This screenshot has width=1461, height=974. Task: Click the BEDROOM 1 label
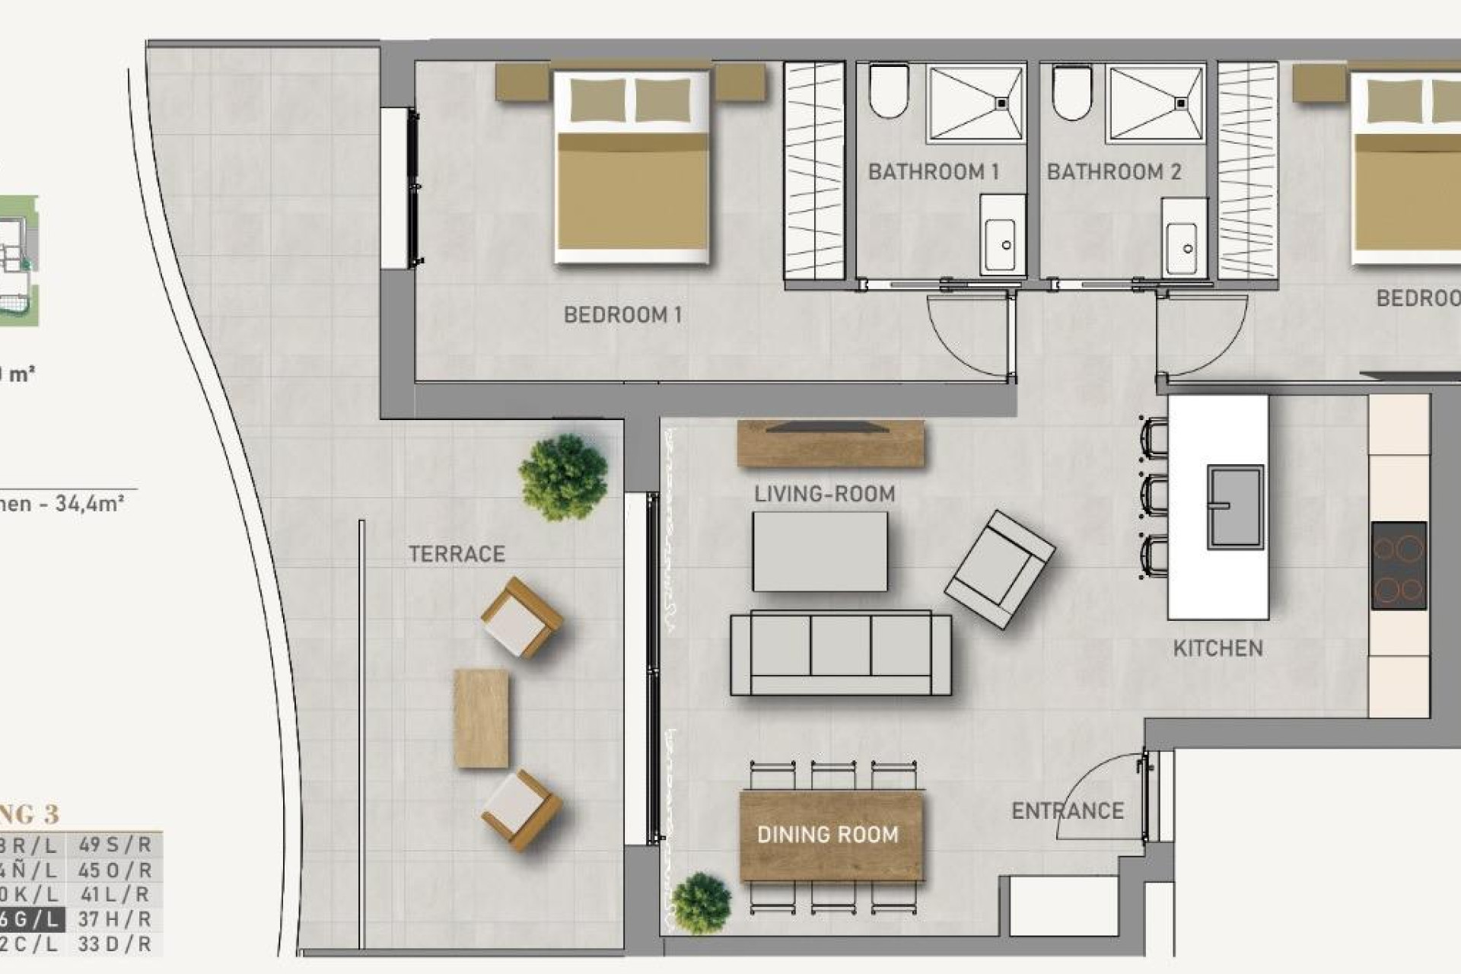tap(622, 314)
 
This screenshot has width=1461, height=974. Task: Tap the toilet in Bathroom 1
tap(889, 91)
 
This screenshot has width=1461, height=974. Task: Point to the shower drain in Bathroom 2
tap(1182, 103)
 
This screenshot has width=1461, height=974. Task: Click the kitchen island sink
tap(1235, 507)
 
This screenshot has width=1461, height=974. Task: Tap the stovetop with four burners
tap(1399, 565)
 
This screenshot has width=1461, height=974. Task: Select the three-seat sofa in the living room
tap(840, 653)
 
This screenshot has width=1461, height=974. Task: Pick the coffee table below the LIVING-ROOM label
tap(820, 552)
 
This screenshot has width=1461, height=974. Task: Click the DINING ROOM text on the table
tap(828, 835)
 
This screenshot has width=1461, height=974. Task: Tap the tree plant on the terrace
tap(563, 476)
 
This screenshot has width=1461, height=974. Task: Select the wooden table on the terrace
tap(481, 718)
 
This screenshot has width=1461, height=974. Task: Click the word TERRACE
tap(457, 554)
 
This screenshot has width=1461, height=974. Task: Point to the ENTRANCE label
tap(1067, 811)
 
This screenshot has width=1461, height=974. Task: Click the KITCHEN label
tap(1217, 648)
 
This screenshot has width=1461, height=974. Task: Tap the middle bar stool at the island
tap(1154, 495)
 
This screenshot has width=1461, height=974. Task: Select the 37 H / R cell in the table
tap(115, 919)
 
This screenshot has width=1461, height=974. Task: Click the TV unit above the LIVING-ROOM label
tap(830, 443)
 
